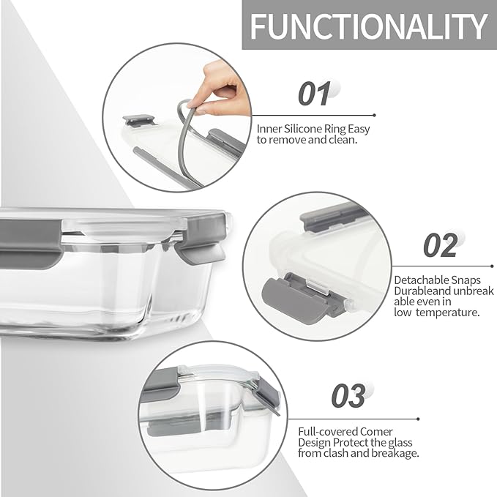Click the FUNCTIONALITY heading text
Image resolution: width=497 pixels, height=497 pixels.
[368, 27]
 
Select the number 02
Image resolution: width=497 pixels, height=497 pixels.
[440, 245]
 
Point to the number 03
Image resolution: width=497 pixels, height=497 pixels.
[348, 396]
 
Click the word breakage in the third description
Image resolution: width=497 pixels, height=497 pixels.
[393, 453]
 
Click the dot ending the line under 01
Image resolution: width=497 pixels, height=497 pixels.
[375, 115]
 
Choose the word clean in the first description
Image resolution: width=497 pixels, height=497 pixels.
[343, 140]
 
